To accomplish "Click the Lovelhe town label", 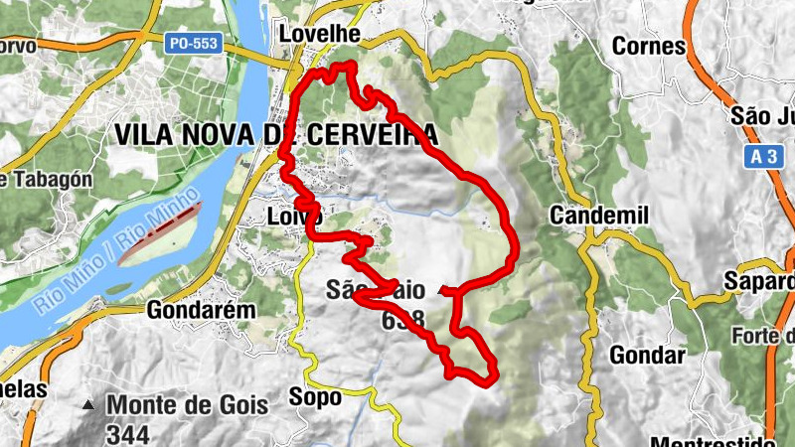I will point(319,33).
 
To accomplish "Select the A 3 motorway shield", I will point(763,157).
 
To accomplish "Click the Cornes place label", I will point(649,46).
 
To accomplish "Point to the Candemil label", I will point(598,216).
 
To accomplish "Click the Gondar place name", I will point(648,356).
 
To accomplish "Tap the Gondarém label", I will point(201,310).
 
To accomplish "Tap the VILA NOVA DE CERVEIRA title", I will point(275,133).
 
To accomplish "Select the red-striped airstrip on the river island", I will point(159,233).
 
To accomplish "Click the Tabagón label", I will point(50,179).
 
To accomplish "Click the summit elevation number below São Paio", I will point(402,320).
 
